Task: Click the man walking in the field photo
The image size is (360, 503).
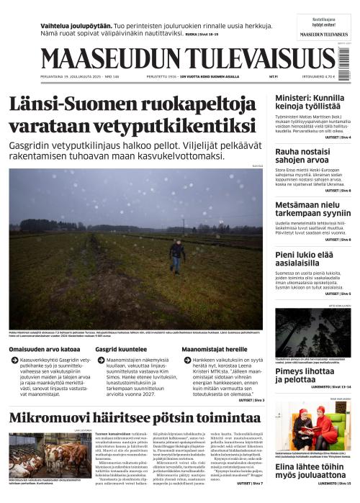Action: tap(178, 253)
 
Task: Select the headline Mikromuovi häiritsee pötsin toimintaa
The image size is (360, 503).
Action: tap(130, 421)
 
